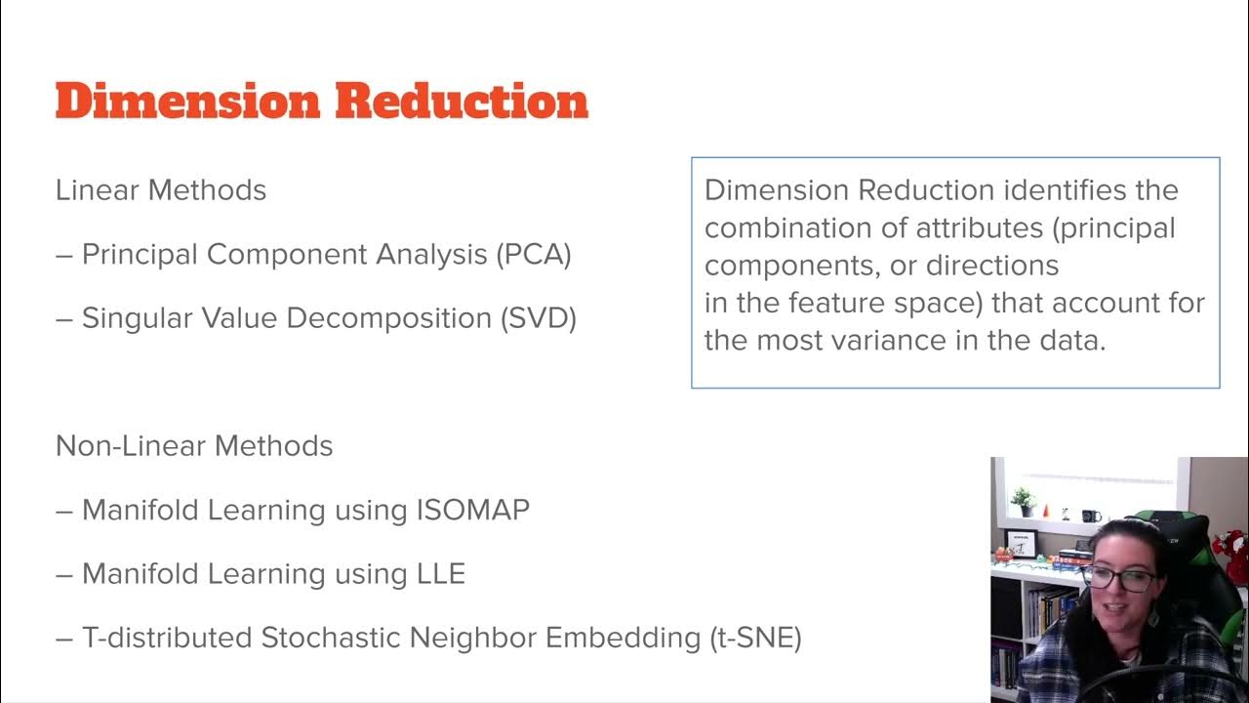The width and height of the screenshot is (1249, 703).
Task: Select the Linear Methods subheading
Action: coord(161,189)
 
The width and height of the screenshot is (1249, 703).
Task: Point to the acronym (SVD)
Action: coord(537,318)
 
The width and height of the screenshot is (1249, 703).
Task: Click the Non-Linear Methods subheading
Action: coord(194,446)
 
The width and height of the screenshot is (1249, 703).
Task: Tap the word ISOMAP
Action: coord(472,510)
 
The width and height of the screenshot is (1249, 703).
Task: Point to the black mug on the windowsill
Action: coord(1090,516)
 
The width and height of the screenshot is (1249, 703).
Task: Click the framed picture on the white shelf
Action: coord(1021,544)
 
